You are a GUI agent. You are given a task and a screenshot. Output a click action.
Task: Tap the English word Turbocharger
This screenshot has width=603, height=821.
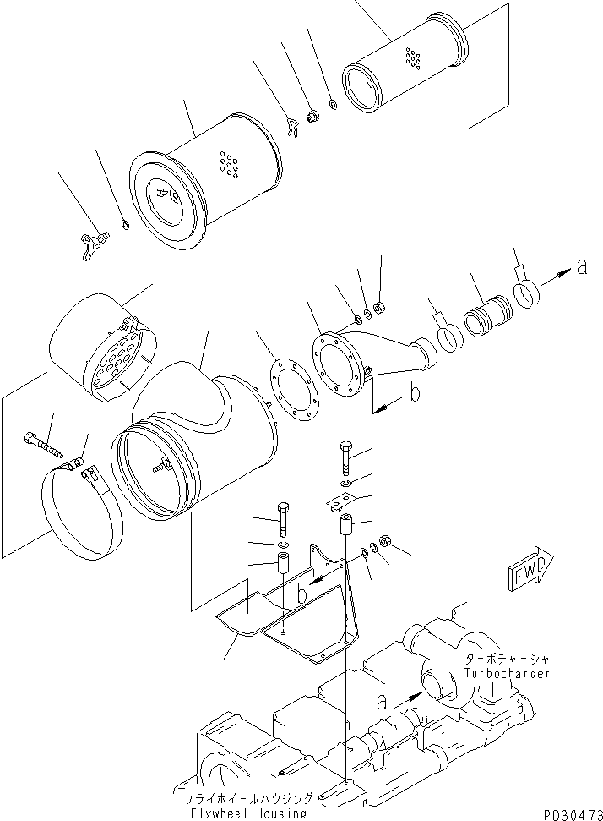(x=506, y=673)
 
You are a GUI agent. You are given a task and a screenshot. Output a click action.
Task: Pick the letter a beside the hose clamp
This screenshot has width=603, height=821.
(x=579, y=269)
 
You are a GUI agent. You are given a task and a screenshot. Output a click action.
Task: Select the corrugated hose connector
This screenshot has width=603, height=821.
(x=487, y=313)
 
